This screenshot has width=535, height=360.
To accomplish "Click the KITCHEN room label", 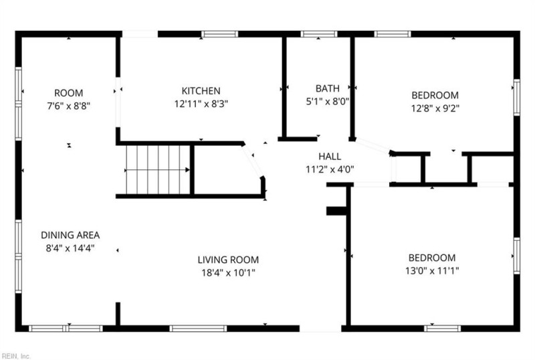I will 201,91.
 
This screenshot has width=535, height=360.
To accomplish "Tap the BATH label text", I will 328,88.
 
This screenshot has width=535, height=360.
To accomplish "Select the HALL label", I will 330,156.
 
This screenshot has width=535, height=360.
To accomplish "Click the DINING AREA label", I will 70,235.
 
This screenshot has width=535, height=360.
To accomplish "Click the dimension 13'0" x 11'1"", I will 432,270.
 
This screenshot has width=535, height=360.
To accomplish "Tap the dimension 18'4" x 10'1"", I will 227,272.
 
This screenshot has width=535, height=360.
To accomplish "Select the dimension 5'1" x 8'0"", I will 328,102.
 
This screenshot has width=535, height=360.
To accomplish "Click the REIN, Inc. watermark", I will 15,355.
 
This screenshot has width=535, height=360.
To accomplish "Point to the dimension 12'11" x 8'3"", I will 201,104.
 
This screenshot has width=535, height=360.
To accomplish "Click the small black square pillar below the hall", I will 334,211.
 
